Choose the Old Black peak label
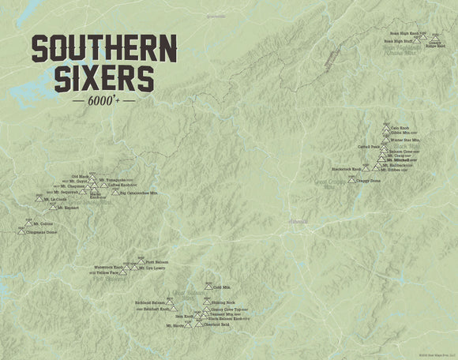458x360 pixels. coord(81,176)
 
